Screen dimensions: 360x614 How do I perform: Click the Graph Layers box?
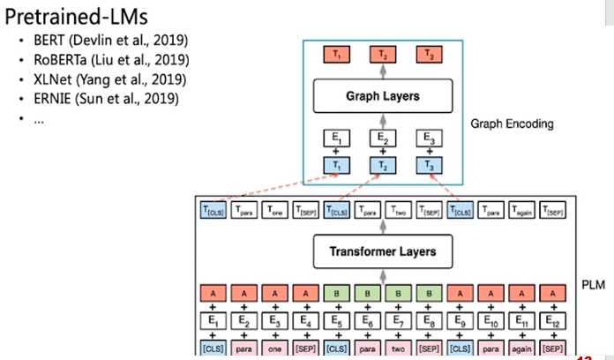tap(382, 95)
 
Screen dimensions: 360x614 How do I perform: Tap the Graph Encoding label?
tap(512, 124)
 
